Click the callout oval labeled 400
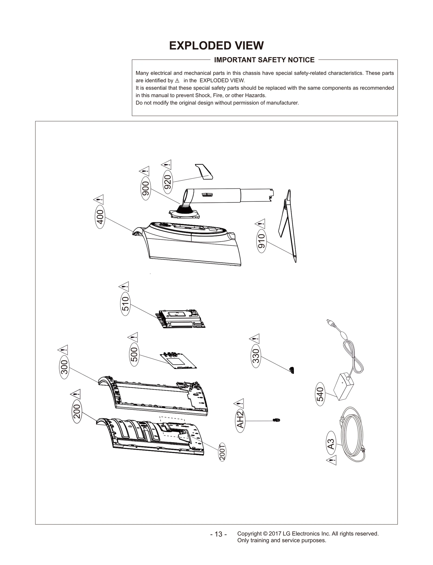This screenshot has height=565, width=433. point(100,217)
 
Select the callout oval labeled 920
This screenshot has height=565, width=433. point(168,182)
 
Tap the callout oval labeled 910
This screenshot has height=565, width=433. point(261,241)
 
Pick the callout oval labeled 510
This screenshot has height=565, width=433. point(126,304)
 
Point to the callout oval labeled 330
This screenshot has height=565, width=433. point(256,356)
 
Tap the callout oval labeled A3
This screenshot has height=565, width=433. point(331,444)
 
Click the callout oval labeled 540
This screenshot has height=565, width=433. point(320,394)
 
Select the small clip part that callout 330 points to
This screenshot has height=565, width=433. point(292,370)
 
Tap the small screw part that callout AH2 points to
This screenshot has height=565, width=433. point(276,420)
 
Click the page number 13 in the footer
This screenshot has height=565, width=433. point(218,534)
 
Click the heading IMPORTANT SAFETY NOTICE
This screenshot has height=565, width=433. point(264,60)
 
